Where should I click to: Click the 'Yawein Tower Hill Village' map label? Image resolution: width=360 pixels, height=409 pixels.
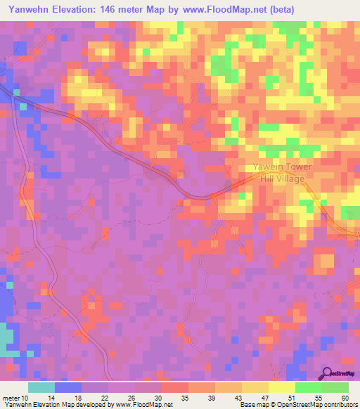[x=279, y=173]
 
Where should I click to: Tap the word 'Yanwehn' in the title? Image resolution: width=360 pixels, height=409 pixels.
[x=29, y=9]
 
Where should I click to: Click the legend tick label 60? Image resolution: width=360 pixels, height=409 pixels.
[x=344, y=398]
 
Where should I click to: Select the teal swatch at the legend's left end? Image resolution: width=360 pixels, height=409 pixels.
[x=41, y=387]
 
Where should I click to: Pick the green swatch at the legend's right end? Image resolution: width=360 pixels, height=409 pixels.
[x=335, y=387]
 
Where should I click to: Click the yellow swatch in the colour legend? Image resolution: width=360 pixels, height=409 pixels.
[x=282, y=387]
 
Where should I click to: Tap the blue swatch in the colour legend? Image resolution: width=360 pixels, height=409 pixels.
[x=68, y=387]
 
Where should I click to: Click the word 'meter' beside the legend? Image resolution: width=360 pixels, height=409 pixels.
[x=11, y=398]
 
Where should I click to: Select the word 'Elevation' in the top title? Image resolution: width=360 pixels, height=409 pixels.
[x=77, y=9]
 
